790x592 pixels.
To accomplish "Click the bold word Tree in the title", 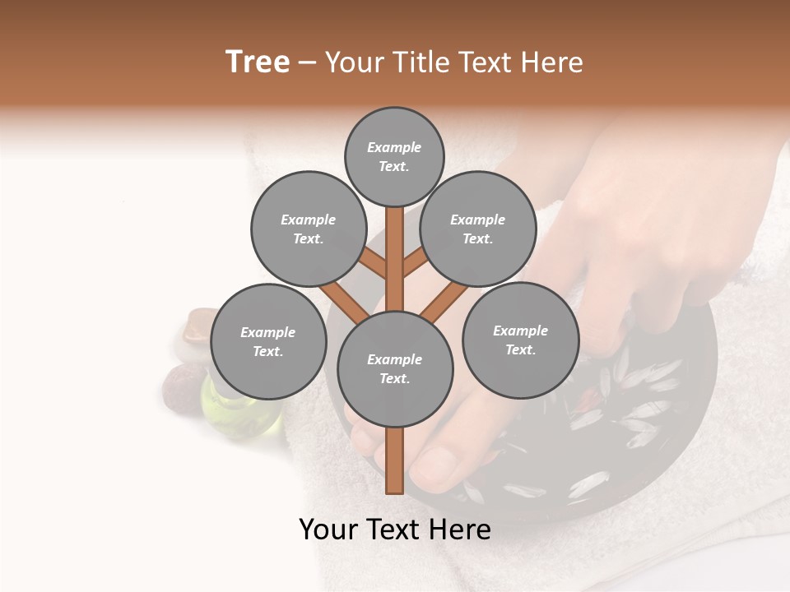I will click(x=258, y=62).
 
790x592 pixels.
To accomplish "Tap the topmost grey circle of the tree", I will click(x=394, y=156).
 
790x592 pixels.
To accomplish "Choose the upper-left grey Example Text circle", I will click(x=308, y=229).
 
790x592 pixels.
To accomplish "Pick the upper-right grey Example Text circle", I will click(x=477, y=229).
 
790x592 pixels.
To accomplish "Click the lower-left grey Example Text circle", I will click(x=267, y=341).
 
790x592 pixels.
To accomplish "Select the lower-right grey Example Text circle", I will click(x=520, y=340).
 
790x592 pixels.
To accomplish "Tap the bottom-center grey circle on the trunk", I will click(x=395, y=368).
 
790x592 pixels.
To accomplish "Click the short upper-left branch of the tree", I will click(x=374, y=263).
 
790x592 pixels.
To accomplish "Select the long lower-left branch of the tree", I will click(x=344, y=300).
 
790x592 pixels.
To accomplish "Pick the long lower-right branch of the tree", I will click(x=444, y=300).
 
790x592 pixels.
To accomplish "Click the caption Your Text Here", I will click(x=395, y=530).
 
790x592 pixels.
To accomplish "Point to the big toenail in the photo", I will click(x=432, y=465).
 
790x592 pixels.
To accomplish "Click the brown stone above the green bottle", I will click(x=197, y=326).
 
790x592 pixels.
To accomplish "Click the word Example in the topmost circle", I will click(x=394, y=148).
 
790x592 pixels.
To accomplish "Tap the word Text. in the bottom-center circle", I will click(x=394, y=378).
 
